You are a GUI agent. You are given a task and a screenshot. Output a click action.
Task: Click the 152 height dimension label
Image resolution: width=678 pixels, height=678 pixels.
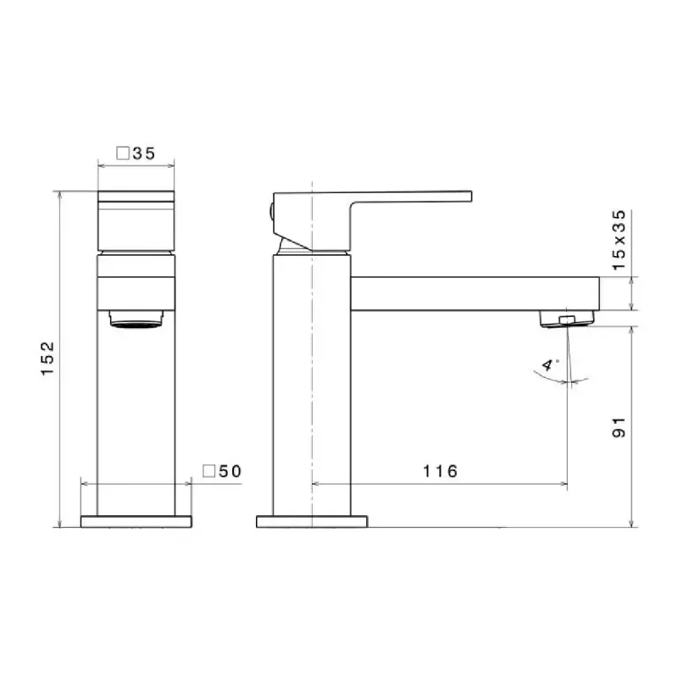[48, 358]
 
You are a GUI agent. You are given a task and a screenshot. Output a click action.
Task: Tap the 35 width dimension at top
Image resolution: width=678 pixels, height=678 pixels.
[144, 153]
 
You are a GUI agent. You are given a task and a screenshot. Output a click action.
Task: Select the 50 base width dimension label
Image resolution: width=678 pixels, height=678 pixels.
[230, 471]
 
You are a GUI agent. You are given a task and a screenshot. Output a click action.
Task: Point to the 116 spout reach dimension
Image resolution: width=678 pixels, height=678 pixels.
[440, 471]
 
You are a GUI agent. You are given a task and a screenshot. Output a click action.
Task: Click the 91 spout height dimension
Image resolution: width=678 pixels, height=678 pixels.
[620, 428]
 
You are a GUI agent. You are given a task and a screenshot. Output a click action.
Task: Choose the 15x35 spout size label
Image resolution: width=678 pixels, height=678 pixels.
[620, 241]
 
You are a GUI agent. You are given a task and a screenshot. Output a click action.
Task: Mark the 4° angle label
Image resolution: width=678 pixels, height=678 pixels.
[549, 364]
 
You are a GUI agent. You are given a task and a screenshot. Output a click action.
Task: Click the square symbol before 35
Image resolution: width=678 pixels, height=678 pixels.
[123, 153]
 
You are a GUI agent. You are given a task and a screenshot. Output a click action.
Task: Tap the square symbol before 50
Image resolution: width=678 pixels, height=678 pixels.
[209, 471]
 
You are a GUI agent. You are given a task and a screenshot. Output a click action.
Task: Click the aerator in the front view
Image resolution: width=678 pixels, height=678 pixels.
[136, 320]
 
